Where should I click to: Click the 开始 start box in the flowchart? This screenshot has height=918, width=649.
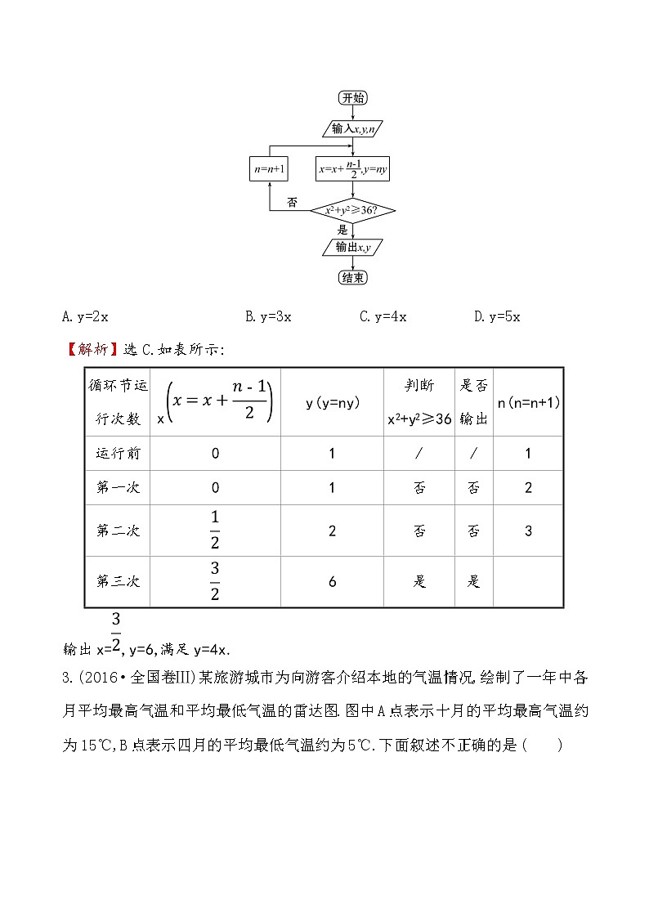pyautogui.click(x=352, y=98)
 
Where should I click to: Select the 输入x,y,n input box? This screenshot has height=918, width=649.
pyautogui.click(x=352, y=128)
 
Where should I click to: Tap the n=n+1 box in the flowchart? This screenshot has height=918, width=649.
pyautogui.click(x=270, y=169)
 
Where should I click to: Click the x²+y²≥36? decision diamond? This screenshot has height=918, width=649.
pyautogui.click(x=352, y=211)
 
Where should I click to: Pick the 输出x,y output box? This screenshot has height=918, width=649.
pyautogui.click(x=352, y=247)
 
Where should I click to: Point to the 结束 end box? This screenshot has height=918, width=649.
pyautogui.click(x=352, y=278)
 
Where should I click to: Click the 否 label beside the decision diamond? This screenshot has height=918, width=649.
pyautogui.click(x=292, y=202)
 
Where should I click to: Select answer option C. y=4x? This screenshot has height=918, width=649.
pyautogui.click(x=383, y=316)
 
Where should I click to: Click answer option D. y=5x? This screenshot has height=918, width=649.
pyautogui.click(x=497, y=316)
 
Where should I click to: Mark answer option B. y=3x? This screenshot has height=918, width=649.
pyautogui.click(x=268, y=316)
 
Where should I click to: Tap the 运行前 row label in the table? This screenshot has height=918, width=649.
pyautogui.click(x=119, y=454)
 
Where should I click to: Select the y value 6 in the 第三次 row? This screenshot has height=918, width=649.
pyautogui.click(x=332, y=582)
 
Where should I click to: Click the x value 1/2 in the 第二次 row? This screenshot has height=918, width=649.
pyautogui.click(x=215, y=531)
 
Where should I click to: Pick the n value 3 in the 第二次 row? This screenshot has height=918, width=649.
pyautogui.click(x=528, y=531)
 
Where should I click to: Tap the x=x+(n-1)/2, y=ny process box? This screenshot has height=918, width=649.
pyautogui.click(x=352, y=169)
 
